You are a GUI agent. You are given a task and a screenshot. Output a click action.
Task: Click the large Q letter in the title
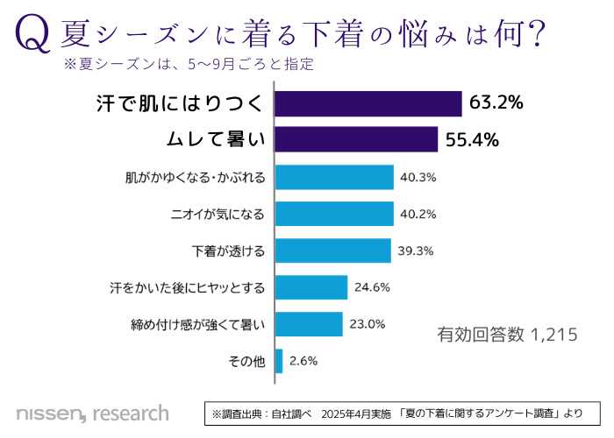[x=32, y=35]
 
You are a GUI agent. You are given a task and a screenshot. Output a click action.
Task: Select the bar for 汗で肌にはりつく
[x=368, y=103]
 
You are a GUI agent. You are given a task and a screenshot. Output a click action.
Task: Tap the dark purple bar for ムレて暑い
[x=355, y=139]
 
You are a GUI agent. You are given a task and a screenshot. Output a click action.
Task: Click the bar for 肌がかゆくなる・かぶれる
[x=333, y=177]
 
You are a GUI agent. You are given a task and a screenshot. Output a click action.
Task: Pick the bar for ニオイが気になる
[x=333, y=214]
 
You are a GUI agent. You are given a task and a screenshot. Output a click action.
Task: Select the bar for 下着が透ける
[x=332, y=251]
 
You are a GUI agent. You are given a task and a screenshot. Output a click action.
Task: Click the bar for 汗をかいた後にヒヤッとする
[x=311, y=286]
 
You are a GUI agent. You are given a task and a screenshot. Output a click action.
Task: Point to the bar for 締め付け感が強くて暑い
[x=308, y=323]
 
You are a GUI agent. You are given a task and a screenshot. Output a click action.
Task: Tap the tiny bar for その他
[x=278, y=360]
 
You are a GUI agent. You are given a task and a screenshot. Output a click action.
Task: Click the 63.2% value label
[x=496, y=103]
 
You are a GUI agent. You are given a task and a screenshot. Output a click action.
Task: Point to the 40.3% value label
[x=418, y=177]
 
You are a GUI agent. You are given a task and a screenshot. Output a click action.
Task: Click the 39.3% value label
[x=415, y=251]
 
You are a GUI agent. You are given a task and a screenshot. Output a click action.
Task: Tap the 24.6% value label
[x=372, y=286]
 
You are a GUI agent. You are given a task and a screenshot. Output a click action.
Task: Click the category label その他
[x=246, y=360]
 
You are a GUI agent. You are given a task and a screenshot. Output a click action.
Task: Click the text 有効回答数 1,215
[x=506, y=334]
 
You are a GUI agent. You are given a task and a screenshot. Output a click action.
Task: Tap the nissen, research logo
[x=92, y=412]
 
